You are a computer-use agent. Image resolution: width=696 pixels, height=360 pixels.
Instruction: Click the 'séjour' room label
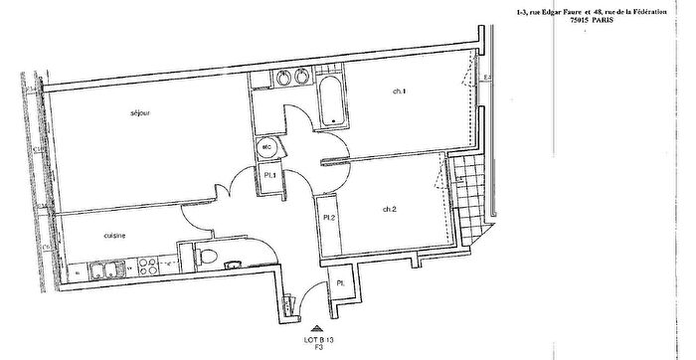point(139,113)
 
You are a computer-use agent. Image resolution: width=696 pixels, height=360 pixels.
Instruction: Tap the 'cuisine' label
point(115,236)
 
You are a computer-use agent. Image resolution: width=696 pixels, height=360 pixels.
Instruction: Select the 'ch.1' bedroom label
point(400,91)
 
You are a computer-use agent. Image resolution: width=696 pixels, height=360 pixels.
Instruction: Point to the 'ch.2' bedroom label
point(390,209)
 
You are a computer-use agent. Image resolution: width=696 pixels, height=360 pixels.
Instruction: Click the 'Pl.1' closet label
point(268,176)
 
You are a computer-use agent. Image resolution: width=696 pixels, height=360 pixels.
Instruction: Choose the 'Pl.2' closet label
point(327,217)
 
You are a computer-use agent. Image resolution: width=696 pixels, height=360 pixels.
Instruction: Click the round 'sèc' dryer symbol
point(266,148)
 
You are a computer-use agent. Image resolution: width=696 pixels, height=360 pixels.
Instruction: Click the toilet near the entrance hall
point(207,257)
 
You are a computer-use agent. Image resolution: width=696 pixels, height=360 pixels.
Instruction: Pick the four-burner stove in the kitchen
point(148,267)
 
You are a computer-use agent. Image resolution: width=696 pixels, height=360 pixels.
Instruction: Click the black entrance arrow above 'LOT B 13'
point(316,325)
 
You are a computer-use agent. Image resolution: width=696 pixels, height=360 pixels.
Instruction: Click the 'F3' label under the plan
point(316,349)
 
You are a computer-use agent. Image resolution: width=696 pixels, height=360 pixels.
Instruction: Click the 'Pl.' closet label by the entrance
point(340,283)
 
